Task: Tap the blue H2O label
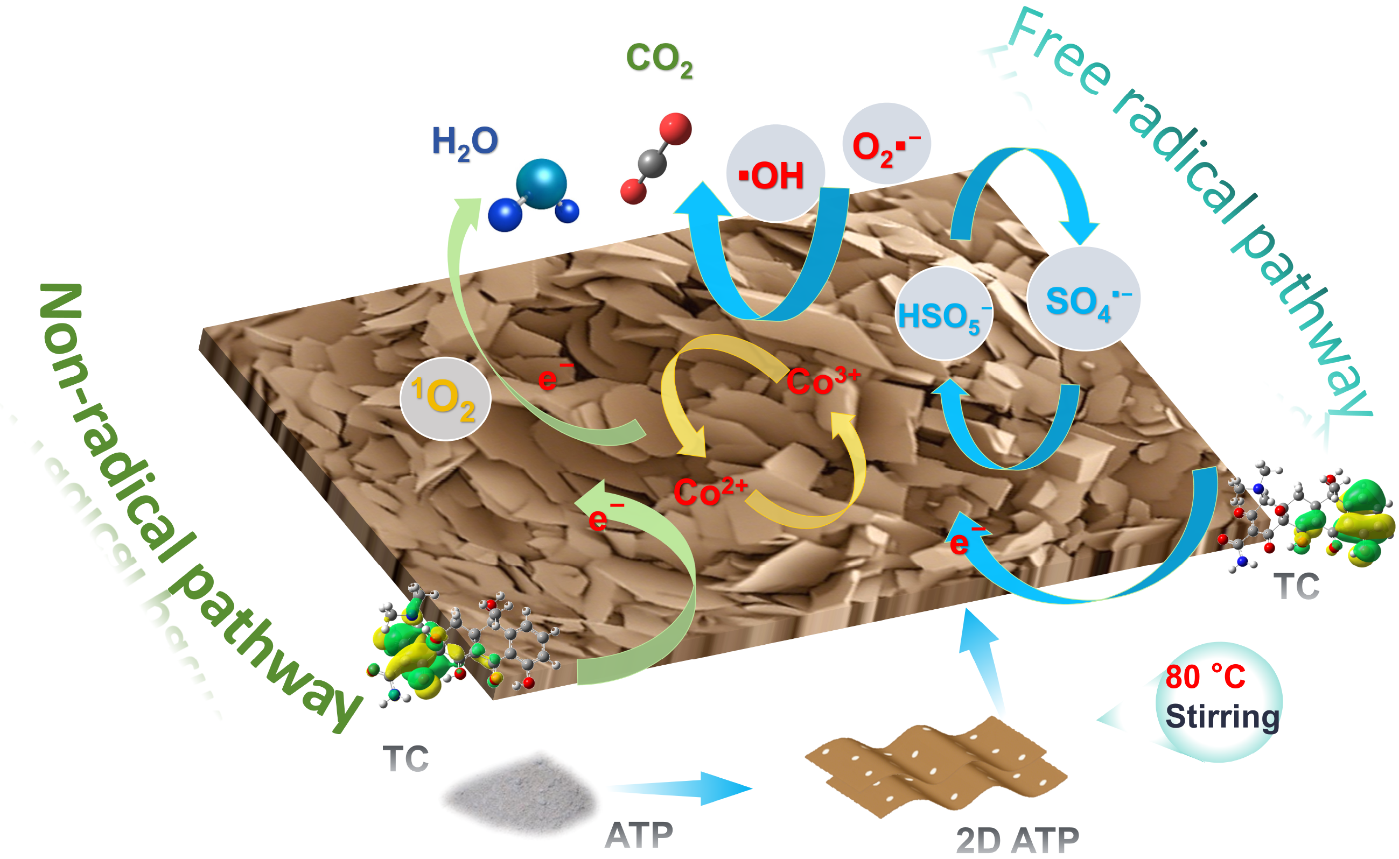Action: [465, 142]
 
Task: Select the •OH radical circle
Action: [775, 173]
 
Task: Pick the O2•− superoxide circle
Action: [886, 143]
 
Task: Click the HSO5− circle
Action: [944, 314]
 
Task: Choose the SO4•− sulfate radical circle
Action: [1083, 299]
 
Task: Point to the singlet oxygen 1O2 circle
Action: [445, 399]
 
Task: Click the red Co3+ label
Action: [823, 381]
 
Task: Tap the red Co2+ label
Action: [710, 491]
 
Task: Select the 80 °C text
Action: [1205, 677]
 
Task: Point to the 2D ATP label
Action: [1017, 840]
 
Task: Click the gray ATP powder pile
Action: [520, 794]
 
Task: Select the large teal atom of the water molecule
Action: [541, 184]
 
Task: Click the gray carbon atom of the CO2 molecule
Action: [652, 164]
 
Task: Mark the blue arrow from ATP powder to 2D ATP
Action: [681, 788]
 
